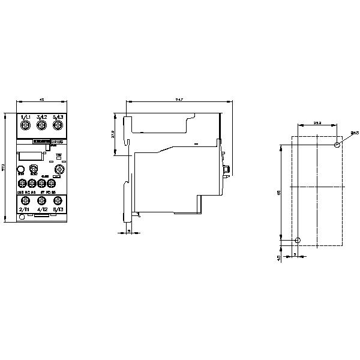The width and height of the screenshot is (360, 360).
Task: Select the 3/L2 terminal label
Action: [x=41, y=116]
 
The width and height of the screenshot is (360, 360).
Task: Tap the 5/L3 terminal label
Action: [x=58, y=116]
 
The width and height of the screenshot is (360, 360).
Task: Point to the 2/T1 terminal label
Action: [x=25, y=210]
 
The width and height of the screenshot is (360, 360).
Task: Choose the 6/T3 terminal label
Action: [x=58, y=210]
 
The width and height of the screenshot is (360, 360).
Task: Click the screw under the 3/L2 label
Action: [x=41, y=125]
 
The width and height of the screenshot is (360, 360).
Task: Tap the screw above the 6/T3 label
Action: [x=58, y=200]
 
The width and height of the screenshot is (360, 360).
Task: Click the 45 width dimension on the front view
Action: [x=41, y=100]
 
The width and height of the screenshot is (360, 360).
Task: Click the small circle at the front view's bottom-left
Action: [x=22, y=217]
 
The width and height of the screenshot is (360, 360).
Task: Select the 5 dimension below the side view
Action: [x=128, y=238]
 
